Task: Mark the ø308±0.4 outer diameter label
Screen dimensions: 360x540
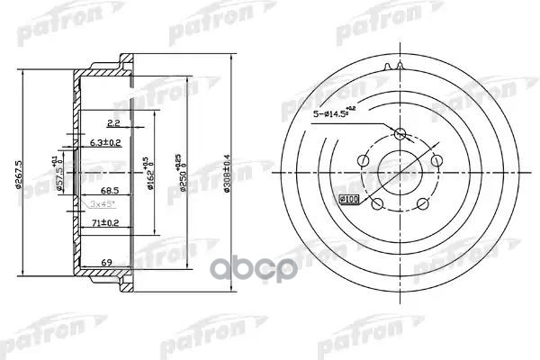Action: tap(238, 171)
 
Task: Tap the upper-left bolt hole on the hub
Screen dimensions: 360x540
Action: tap(362, 159)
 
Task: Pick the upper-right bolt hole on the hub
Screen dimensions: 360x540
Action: tap(435, 159)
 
